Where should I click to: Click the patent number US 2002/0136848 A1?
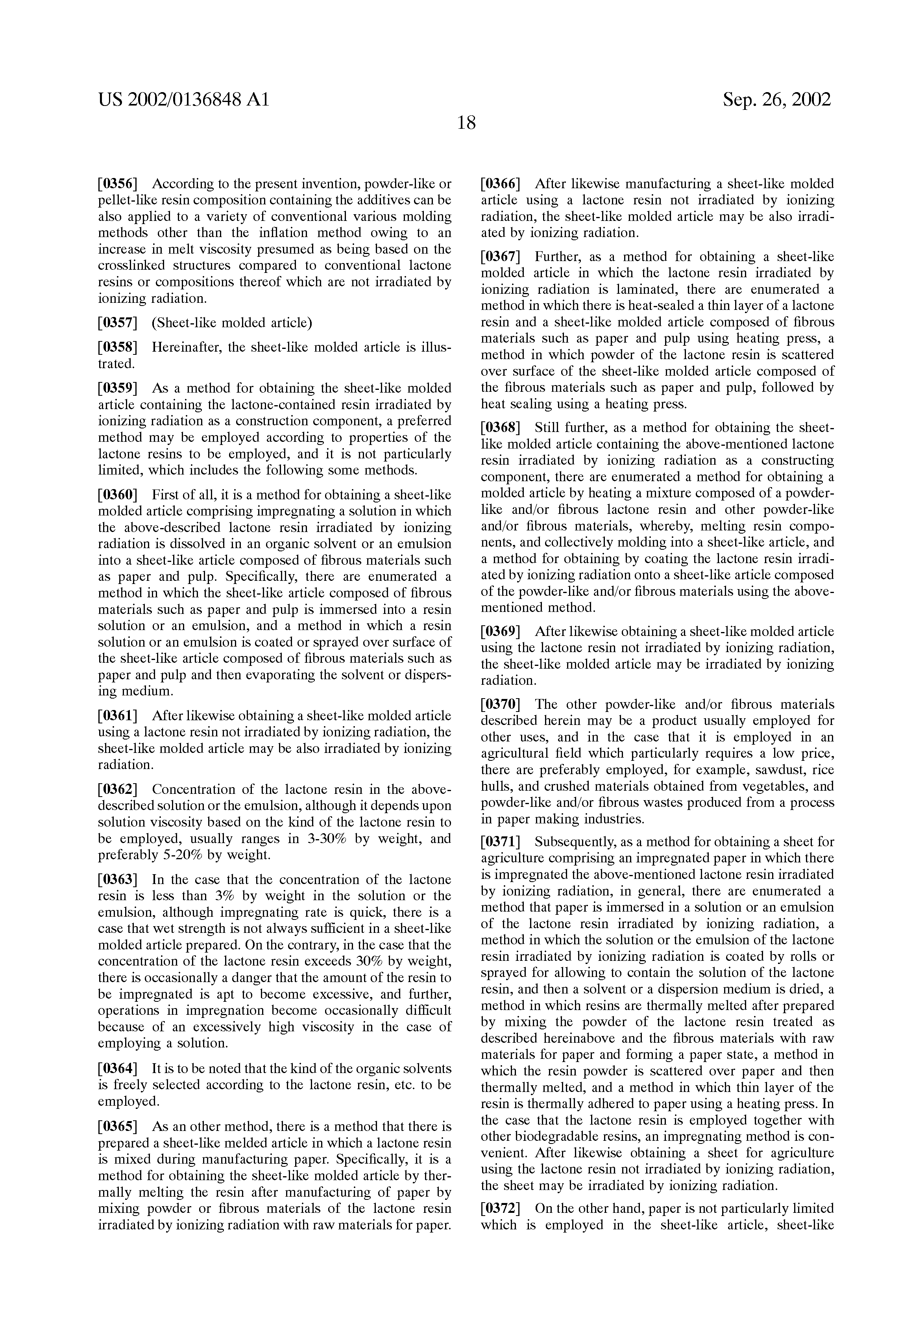point(183,100)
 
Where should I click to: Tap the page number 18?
point(466,122)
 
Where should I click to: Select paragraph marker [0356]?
point(118,184)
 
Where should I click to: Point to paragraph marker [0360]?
point(118,495)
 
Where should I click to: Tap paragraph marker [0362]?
point(118,790)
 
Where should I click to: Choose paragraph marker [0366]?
point(500,184)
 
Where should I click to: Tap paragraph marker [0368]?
point(500,428)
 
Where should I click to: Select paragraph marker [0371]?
point(500,842)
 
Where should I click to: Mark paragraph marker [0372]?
point(500,1209)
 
